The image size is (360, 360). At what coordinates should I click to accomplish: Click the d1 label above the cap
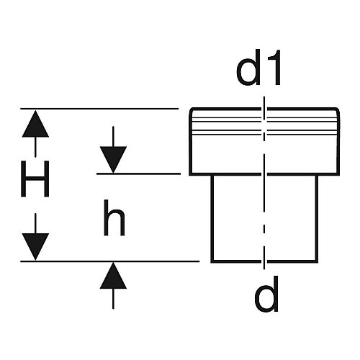[258, 68]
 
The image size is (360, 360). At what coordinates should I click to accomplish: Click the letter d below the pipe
[266, 294]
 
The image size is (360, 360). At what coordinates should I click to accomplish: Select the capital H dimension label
[35, 179]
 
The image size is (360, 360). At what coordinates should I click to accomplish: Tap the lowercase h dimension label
[114, 217]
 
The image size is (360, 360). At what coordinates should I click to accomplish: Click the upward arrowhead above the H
[35, 124]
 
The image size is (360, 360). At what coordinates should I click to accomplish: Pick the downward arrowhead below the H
[35, 247]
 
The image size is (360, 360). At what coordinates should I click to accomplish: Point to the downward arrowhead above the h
[113, 160]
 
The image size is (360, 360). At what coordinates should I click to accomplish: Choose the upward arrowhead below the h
[113, 275]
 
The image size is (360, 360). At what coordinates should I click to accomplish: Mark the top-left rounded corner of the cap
[192, 110]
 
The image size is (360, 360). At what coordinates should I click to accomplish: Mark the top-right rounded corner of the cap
[338, 110]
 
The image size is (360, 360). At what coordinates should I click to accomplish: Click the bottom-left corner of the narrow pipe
[212, 261]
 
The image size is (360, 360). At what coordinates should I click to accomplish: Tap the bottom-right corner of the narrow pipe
[317, 261]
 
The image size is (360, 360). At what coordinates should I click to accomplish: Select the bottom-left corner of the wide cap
[190, 174]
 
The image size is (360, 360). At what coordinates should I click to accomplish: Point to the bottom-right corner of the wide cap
[338, 174]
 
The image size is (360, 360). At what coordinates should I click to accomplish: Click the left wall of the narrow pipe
[212, 218]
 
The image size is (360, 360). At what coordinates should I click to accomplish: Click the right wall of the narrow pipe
[317, 218]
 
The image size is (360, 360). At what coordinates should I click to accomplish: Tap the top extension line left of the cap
[99, 109]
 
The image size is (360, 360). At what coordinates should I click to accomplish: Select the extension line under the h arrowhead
[138, 174]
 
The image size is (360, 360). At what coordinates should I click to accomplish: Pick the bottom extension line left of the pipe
[109, 261]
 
